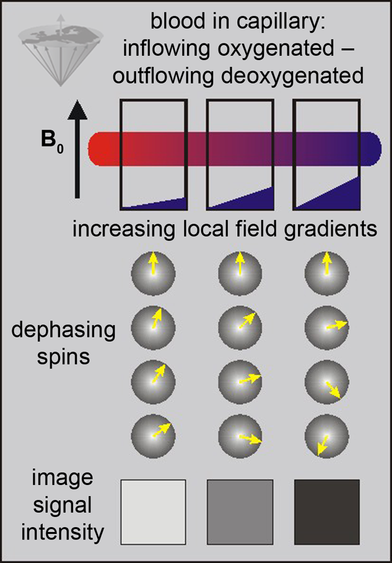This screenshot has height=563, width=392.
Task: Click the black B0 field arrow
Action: [77, 149]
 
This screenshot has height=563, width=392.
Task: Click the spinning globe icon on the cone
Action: [61, 50]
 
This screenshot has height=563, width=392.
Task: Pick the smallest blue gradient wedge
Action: [165, 204]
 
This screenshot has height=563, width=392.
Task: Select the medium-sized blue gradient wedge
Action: [251, 200]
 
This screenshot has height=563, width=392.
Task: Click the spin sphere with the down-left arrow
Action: [327, 435]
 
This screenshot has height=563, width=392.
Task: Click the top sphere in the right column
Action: [327, 274]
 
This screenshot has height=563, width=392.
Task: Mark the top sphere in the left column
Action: [154, 274]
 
